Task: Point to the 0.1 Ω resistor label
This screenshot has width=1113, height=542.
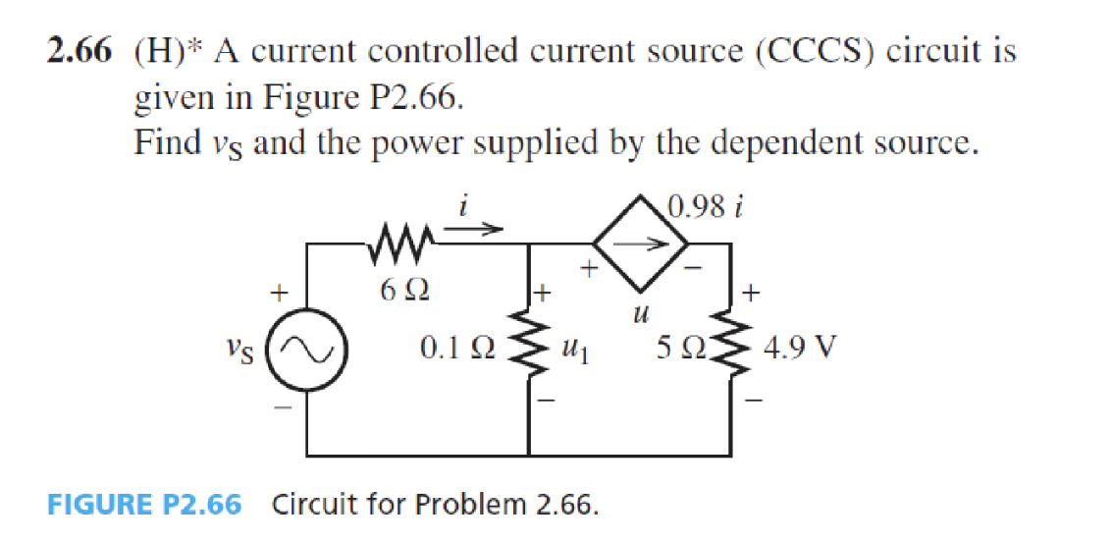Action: pos(454,348)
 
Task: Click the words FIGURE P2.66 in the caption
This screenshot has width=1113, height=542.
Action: pos(144,506)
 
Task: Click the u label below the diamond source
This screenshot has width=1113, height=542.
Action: pos(639,314)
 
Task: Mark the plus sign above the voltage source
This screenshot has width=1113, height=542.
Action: pos(280,292)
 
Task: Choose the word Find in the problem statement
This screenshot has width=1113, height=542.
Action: pos(167,143)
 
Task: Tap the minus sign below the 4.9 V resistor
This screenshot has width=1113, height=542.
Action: pos(753,399)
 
